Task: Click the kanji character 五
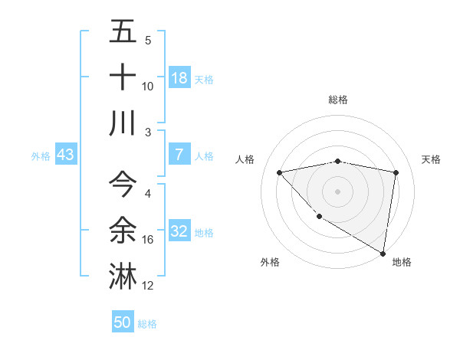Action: pyautogui.click(x=123, y=32)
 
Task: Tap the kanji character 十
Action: pyautogui.click(x=123, y=77)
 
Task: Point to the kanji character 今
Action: pyautogui.click(x=123, y=185)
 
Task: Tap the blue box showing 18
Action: pyautogui.click(x=179, y=78)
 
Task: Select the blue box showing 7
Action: pyautogui.click(x=179, y=155)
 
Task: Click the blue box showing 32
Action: pyautogui.click(x=179, y=231)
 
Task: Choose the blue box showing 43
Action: pyautogui.click(x=65, y=155)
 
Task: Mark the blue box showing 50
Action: pyautogui.click(x=123, y=322)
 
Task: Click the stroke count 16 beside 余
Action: pyautogui.click(x=148, y=240)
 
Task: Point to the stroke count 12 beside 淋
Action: pyautogui.click(x=148, y=286)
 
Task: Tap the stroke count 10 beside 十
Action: pyautogui.click(x=148, y=87)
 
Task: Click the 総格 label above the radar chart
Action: pyautogui.click(x=338, y=100)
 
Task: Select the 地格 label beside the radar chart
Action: pyautogui.click(x=402, y=262)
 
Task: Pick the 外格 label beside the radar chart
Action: pyautogui.click(x=270, y=262)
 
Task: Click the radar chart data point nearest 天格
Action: pyautogui.click(x=396, y=172)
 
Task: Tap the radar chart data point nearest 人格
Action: pyautogui.click(x=280, y=172)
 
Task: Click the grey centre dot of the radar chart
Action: pyautogui.click(x=337, y=191)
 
